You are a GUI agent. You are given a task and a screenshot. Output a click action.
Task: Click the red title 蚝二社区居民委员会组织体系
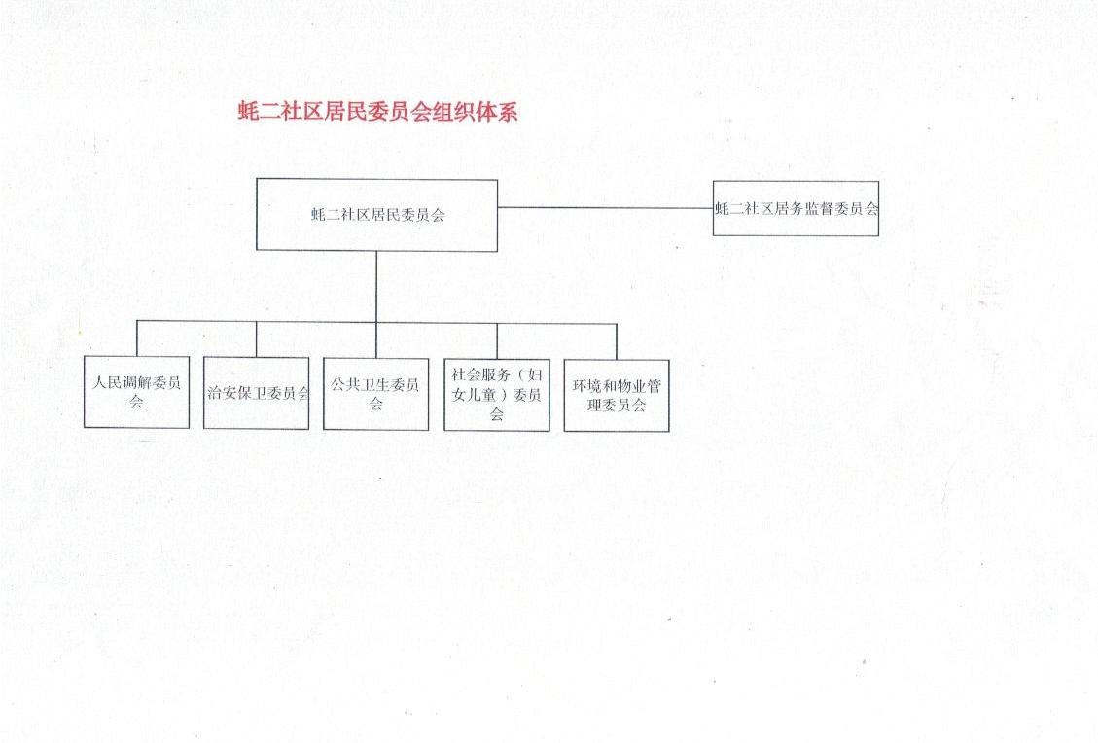378,112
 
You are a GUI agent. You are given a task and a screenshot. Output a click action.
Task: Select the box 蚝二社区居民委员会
376,215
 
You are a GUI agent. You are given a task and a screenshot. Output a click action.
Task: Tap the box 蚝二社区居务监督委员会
796,208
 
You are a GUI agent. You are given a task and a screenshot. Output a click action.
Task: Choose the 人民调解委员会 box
136,392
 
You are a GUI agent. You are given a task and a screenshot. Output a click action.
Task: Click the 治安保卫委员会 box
257,393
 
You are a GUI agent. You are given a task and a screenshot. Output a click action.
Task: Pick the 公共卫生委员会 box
376,394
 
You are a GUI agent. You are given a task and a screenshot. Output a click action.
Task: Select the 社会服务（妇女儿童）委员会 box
496,395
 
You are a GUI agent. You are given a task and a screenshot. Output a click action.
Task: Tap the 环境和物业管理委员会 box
617,396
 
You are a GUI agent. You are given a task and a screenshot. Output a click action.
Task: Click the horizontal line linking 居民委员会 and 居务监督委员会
605,207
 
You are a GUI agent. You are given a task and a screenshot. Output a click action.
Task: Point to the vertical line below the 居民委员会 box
376,287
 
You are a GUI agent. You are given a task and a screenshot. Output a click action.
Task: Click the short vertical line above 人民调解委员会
137,338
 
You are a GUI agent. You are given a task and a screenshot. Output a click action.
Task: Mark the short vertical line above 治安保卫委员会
257,339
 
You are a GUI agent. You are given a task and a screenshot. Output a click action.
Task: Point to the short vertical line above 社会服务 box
497,341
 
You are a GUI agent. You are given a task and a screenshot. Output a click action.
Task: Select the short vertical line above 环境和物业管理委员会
617,341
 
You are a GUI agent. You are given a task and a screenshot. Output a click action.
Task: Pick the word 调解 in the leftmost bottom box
136,382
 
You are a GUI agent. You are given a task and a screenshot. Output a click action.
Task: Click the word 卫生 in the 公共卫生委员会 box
375,384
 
